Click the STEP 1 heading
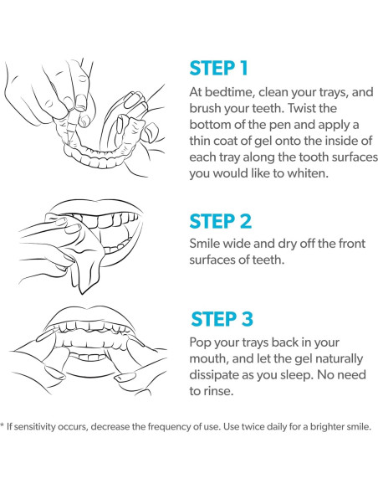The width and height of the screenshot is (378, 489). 218,69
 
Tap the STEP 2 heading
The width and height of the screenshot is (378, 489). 221,221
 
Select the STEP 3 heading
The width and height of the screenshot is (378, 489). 222,319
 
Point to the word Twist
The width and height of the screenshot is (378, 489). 301,108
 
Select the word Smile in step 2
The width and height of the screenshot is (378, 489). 203,244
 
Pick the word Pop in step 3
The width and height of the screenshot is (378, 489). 200,342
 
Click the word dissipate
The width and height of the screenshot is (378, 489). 214,375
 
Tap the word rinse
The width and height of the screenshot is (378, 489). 219,391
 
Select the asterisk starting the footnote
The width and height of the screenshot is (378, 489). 3,425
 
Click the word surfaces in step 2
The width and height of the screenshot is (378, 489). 210,260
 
